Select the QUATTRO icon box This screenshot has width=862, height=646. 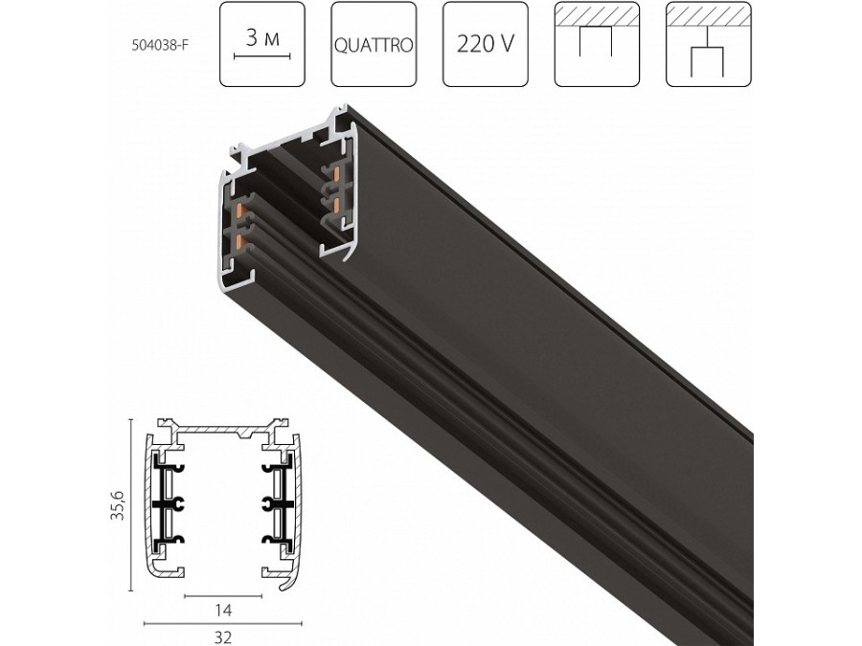tap(374, 45)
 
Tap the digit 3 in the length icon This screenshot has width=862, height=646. tap(252, 39)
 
